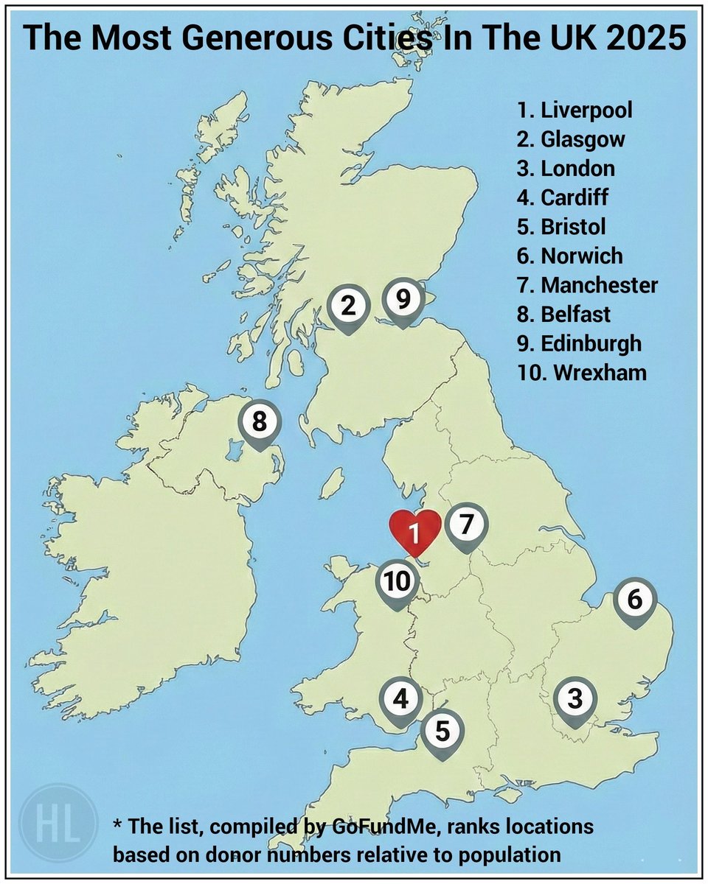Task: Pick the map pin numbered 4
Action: (x=400, y=698)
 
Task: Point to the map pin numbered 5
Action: (x=442, y=732)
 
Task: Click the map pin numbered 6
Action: (x=635, y=601)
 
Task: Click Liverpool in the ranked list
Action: (x=586, y=110)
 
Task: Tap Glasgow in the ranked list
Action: (x=583, y=139)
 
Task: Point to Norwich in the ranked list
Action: (x=582, y=256)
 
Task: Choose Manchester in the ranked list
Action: (x=599, y=285)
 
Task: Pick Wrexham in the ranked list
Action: (x=593, y=372)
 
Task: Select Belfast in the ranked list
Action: (x=575, y=314)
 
